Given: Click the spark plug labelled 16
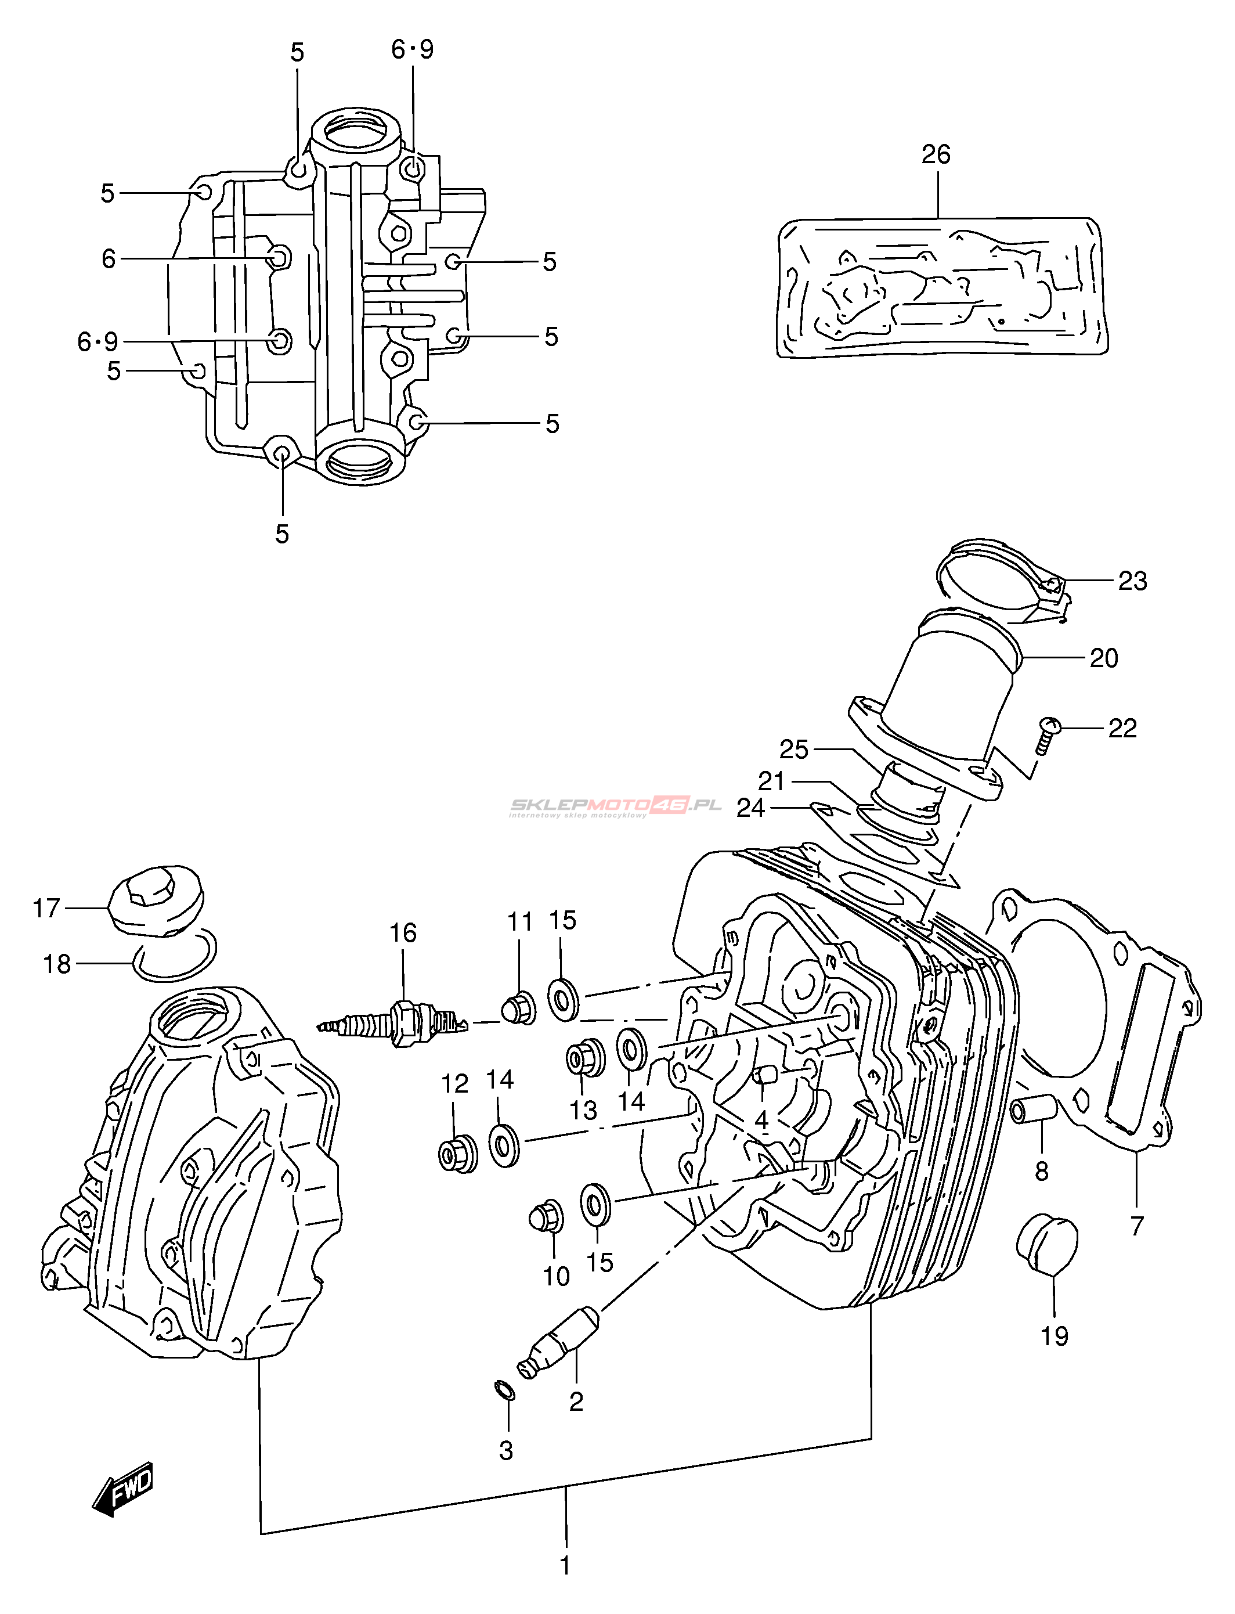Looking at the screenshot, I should pos(393,1022).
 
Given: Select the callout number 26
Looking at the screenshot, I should pos(936,154).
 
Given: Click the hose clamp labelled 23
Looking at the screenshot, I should pos(1003,582).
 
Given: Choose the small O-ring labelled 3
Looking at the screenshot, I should pos(504,1390).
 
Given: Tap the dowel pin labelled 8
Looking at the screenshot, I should pos(1033,1108).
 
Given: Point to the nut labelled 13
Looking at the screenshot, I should pos(585,1059).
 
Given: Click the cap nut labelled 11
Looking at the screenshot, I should pos(519,1009).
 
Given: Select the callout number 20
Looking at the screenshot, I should pos(1103,658).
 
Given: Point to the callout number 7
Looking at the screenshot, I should pos(1136,1226).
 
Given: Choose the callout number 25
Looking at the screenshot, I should pos(794,750).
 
